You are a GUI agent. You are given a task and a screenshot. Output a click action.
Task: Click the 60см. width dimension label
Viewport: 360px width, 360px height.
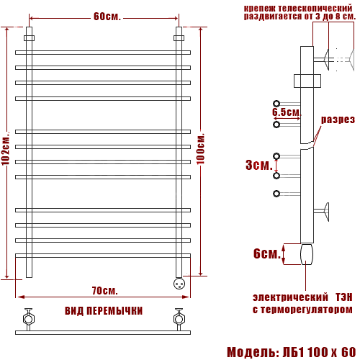(x=107, y=17)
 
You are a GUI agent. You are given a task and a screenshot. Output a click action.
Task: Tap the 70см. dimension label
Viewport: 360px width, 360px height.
(x=105, y=291)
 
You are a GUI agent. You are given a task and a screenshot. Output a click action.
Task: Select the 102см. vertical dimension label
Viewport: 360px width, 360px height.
(x=6, y=148)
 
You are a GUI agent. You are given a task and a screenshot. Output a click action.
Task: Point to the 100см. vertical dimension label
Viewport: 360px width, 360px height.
(x=201, y=149)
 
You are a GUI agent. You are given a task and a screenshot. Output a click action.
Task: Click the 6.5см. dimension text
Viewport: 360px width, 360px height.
(x=287, y=112)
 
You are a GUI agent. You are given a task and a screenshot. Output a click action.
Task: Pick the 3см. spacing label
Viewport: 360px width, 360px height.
(x=259, y=165)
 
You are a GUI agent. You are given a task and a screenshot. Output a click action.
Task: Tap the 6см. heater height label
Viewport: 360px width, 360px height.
(x=267, y=253)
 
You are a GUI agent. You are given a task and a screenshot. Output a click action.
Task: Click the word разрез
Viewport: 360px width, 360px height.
(x=338, y=120)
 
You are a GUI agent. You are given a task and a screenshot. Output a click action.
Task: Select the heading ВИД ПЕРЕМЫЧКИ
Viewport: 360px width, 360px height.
(x=104, y=311)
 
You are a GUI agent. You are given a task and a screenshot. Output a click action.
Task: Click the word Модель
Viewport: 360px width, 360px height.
(x=251, y=352)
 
